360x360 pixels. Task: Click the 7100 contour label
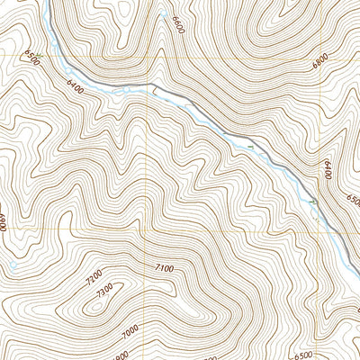coord(164,268)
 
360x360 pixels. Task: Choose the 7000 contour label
coord(131,333)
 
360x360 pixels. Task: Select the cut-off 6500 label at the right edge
coord(353,199)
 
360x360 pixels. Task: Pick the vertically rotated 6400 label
coord(328,167)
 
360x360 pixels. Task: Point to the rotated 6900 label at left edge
coord(4,220)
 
